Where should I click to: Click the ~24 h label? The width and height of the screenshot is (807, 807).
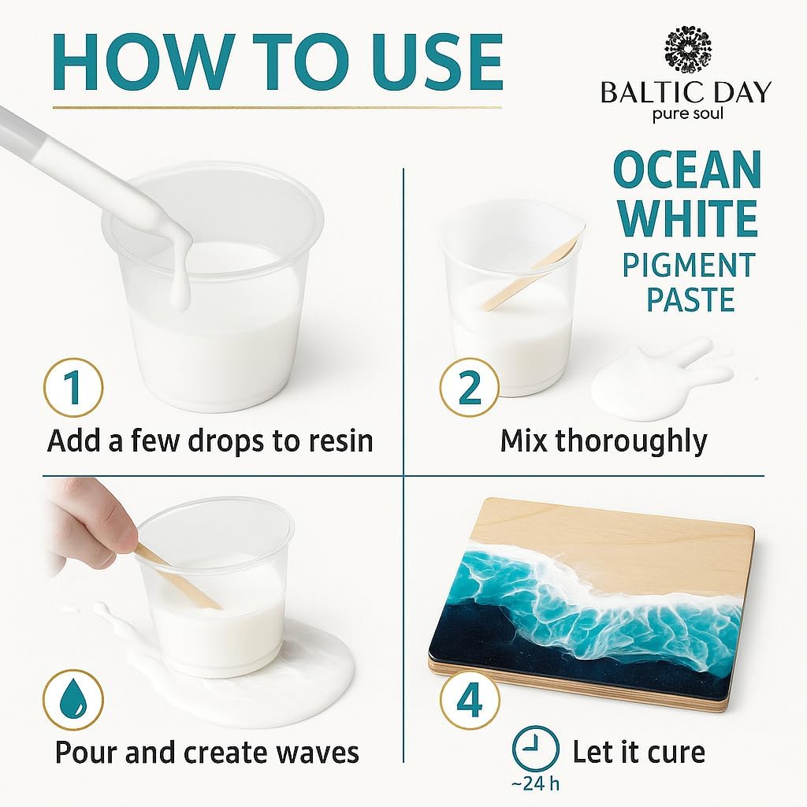coord(536,784)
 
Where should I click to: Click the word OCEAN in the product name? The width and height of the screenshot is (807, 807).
coord(687,169)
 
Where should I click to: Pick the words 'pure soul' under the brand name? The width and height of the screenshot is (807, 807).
coord(686,113)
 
